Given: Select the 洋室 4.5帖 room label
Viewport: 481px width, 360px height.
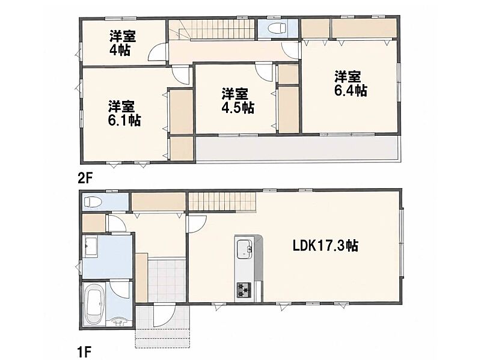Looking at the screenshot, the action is click(237, 101).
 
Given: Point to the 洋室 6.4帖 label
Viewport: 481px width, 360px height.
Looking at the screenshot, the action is click(351, 84).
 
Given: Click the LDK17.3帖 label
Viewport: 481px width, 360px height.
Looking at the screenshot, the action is click(325, 246).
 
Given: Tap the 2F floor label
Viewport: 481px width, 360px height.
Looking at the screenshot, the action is click(85, 178).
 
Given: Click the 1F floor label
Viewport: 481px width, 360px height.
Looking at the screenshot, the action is click(84, 352).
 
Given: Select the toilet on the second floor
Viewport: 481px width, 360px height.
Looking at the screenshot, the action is click(277, 28).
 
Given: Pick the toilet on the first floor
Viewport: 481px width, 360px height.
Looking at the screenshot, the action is click(92, 201).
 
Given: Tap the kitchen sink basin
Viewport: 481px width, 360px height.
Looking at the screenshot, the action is click(245, 248).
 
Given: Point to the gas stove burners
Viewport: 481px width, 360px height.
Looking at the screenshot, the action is click(244, 290).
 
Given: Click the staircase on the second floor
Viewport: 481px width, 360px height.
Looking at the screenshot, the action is click(212, 29).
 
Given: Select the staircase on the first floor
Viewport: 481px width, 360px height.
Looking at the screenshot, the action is click(222, 201).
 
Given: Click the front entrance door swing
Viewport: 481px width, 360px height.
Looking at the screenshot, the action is click(165, 316).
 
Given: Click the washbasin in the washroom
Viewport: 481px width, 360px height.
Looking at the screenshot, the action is click(91, 246).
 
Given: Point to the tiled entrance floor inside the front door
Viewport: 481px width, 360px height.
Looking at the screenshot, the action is click(167, 281).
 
